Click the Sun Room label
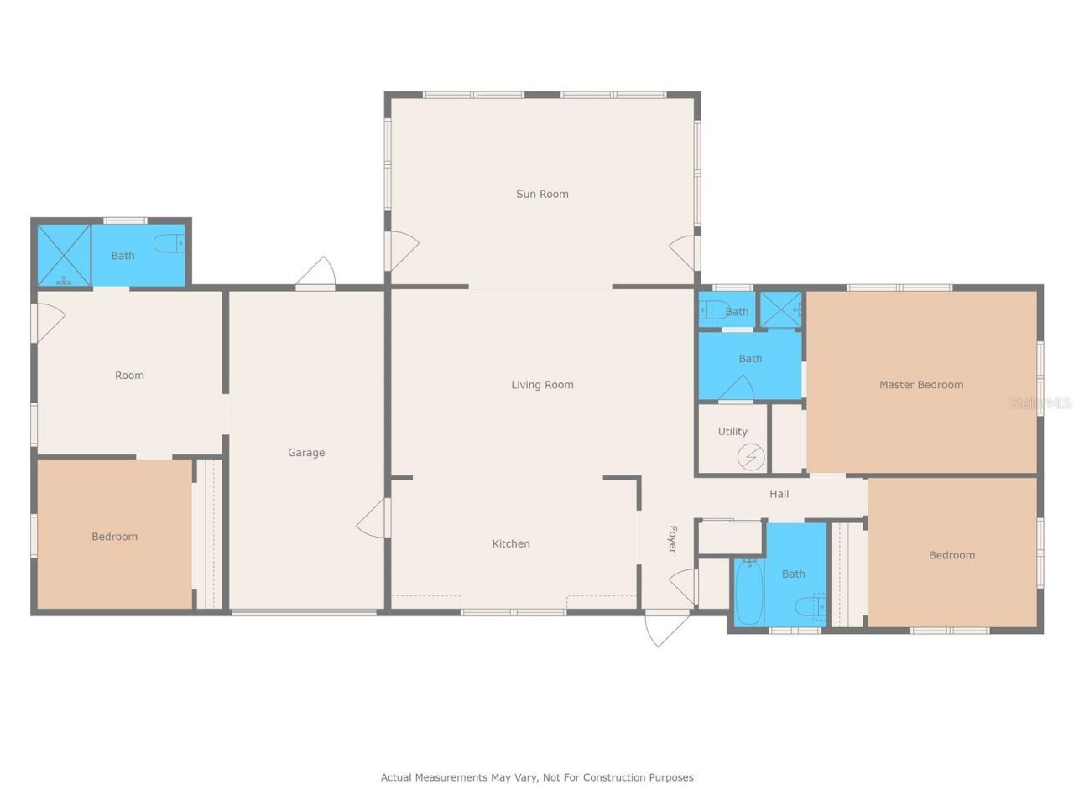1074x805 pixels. pyautogui.click(x=542, y=194)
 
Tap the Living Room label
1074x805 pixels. pyautogui.click(x=542, y=385)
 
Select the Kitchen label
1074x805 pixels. pyautogui.click(x=510, y=543)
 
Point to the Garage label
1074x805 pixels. pyautogui.click(x=306, y=453)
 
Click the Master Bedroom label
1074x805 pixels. pyautogui.click(x=920, y=385)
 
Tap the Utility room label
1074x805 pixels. pyautogui.click(x=732, y=432)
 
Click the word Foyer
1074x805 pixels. pyautogui.click(x=672, y=539)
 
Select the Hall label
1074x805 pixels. pyautogui.click(x=779, y=494)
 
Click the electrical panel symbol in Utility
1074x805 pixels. pyautogui.click(x=750, y=457)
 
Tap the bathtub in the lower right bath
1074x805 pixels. pyautogui.click(x=748, y=591)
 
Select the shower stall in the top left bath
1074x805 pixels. pyautogui.click(x=64, y=255)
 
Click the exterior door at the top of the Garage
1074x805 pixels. pyautogui.click(x=316, y=273)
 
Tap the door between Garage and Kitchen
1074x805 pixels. pyautogui.click(x=374, y=518)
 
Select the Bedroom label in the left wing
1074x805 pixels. pyautogui.click(x=114, y=537)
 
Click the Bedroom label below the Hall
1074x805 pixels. pyautogui.click(x=951, y=555)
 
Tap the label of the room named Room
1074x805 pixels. pyautogui.click(x=129, y=376)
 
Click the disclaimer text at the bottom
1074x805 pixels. pyautogui.click(x=537, y=777)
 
